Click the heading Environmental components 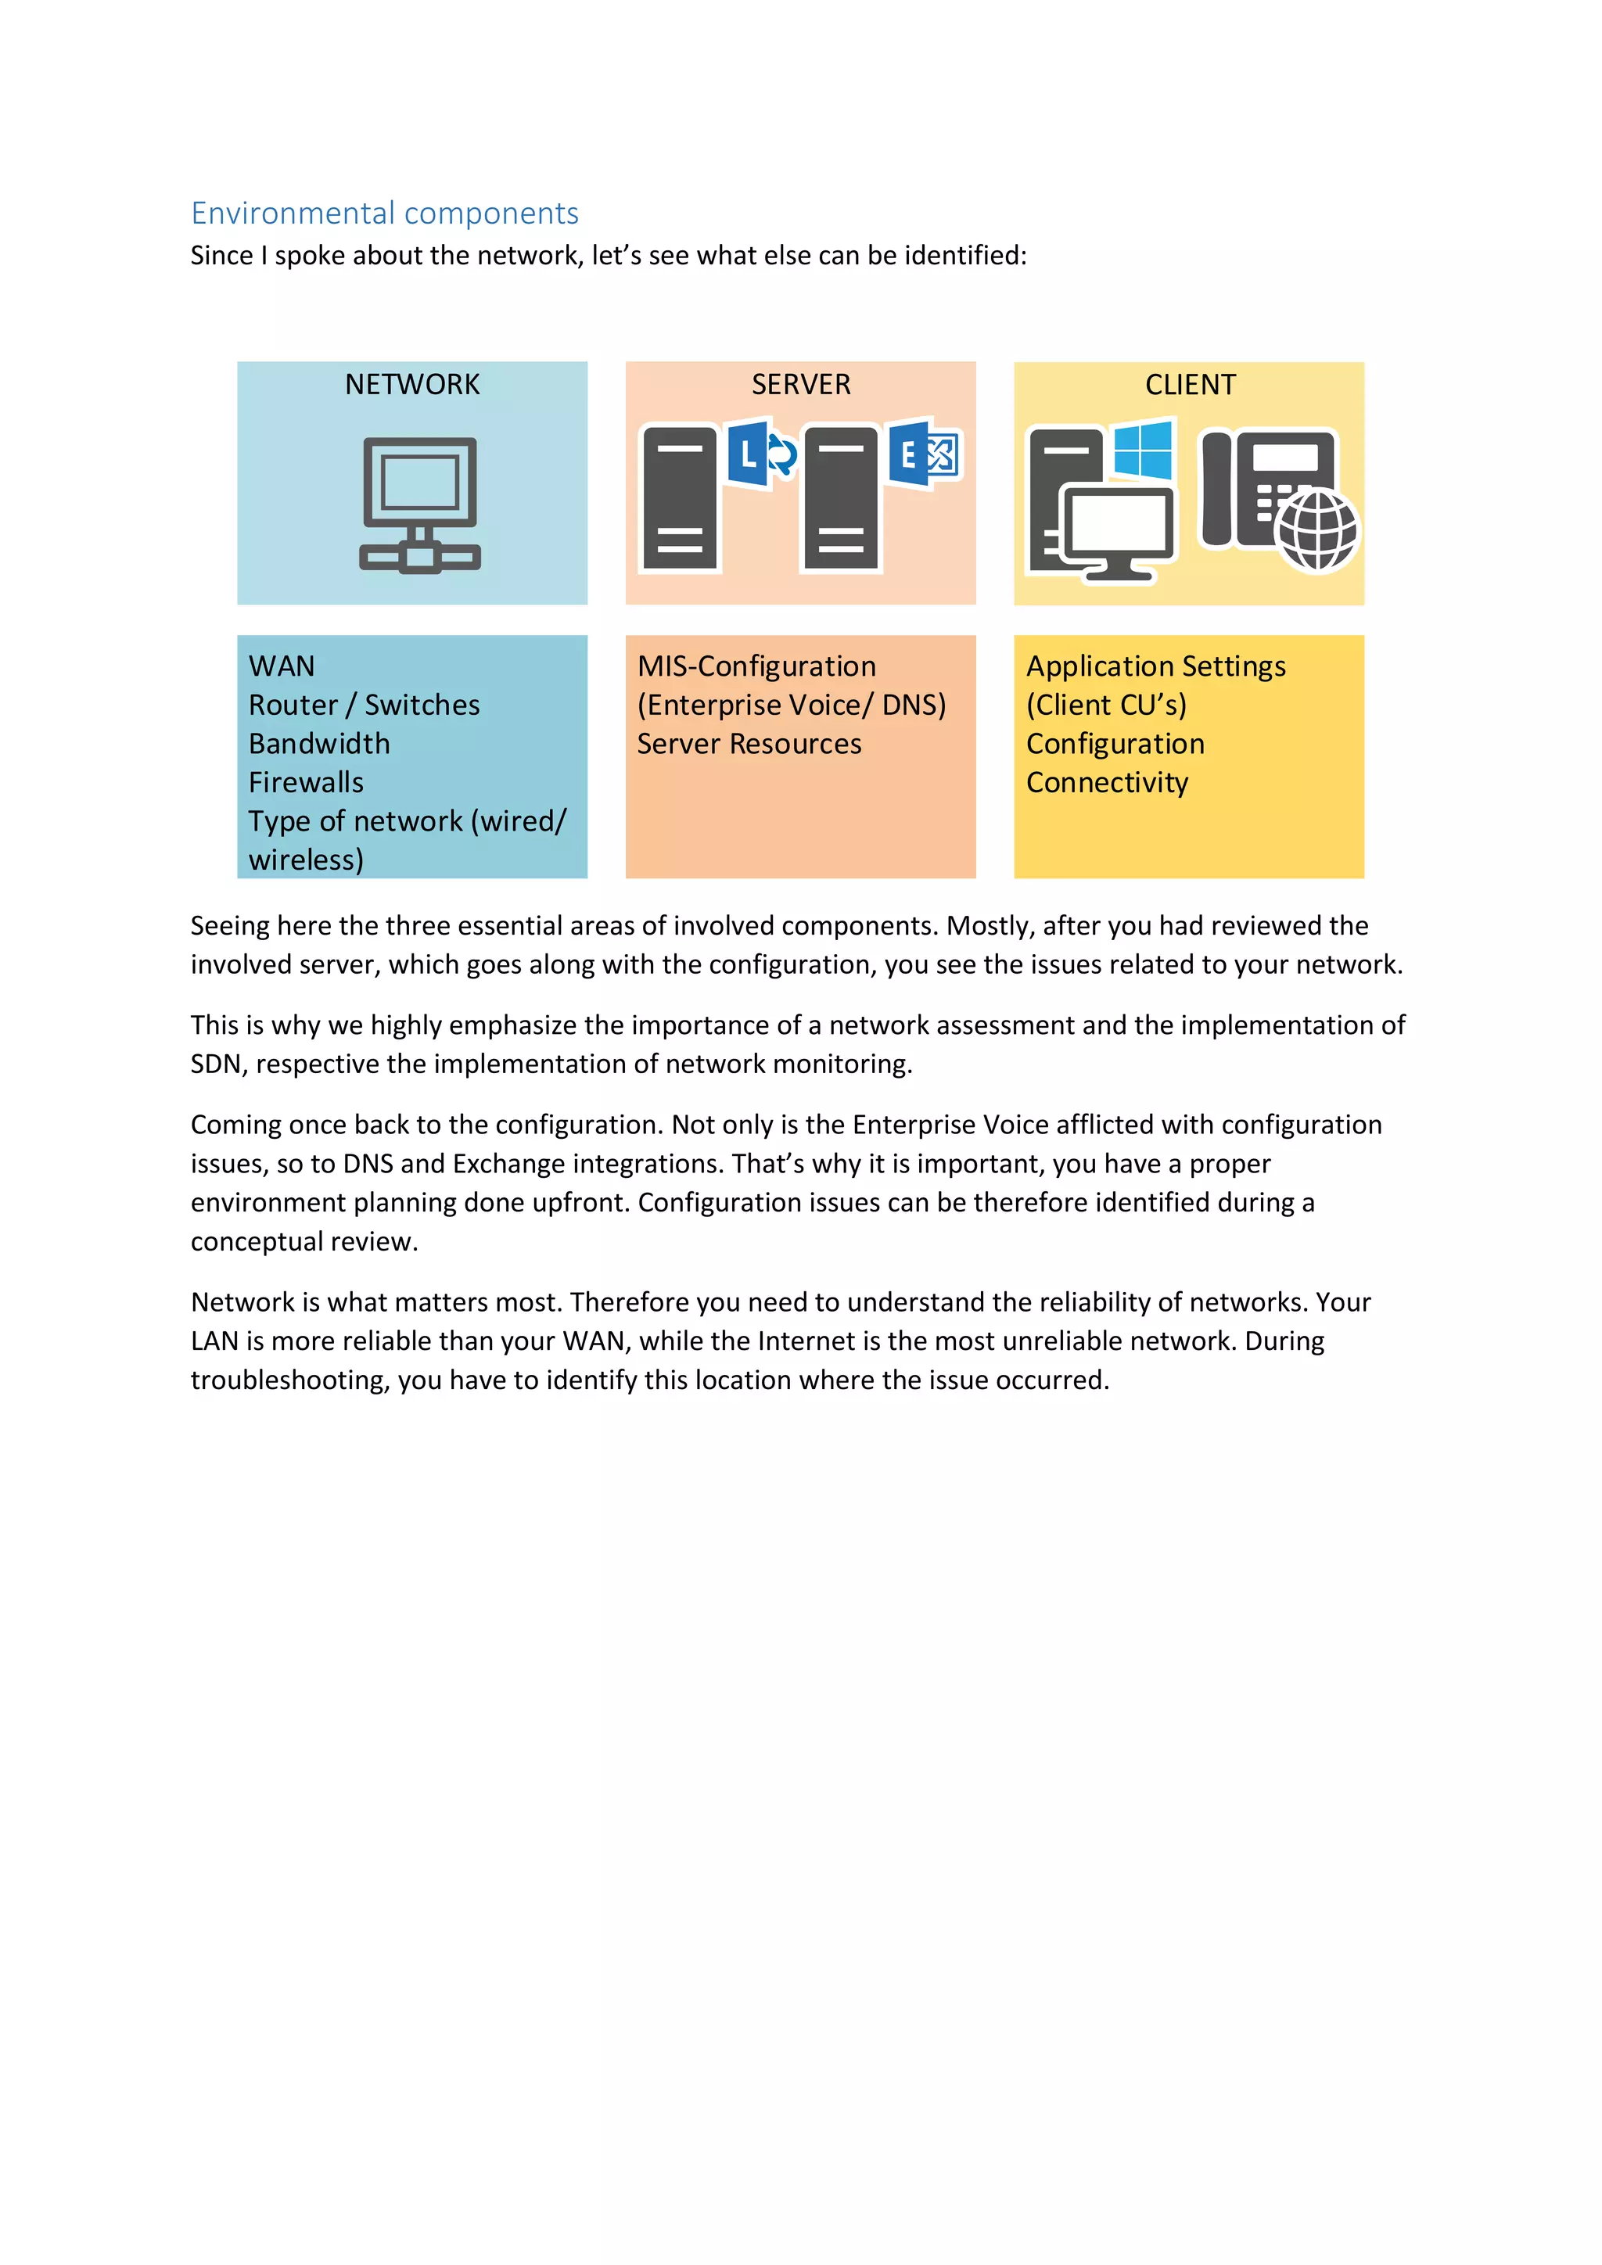click(385, 213)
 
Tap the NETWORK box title click(412, 385)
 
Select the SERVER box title click(801, 385)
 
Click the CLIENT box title click(1190, 385)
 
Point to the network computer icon click(420, 503)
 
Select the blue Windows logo click(1144, 450)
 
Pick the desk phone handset click(1216, 488)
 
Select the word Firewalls click(306, 782)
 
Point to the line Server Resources click(749, 744)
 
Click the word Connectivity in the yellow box click(1107, 782)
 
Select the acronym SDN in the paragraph click(215, 1064)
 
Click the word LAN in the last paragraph click(215, 1341)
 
